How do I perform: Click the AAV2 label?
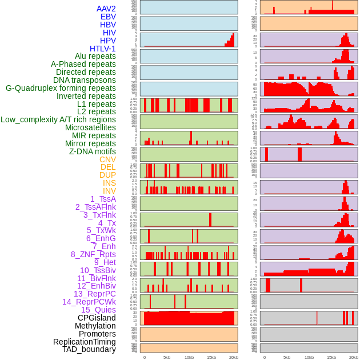[106, 9]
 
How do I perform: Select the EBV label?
[108, 17]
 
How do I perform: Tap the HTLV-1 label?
[103, 49]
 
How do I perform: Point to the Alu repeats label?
[95, 56]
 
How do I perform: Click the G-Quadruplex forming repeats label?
[61, 88]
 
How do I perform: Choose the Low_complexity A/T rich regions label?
[58, 119]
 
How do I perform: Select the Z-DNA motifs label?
[93, 151]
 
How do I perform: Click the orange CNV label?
[107, 159]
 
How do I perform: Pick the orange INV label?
[109, 191]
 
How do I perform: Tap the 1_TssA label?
[103, 199]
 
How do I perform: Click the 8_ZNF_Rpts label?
[93, 254]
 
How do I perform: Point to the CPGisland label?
[97, 318]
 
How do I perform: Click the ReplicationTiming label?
[85, 342]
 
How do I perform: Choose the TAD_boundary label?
[89, 349]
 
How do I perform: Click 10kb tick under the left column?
[189, 357]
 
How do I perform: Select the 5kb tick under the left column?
[167, 357]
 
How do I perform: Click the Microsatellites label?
[90, 127]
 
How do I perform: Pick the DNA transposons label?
[85, 80]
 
